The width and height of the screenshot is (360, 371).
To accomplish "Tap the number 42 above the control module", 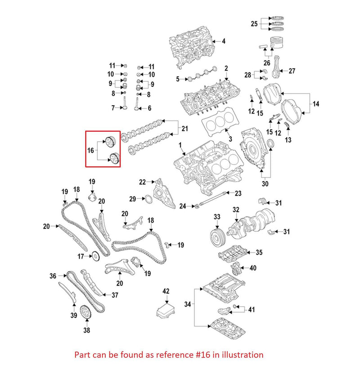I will click(x=166, y=291).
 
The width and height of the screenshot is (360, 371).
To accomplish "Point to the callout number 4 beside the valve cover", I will click(x=224, y=41).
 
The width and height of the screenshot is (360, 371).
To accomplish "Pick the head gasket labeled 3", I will click(x=218, y=121).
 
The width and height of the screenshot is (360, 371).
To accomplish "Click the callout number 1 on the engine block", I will click(x=180, y=145).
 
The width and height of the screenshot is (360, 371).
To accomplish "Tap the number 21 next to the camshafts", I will click(x=184, y=130).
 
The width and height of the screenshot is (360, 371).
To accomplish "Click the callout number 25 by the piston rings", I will click(x=254, y=24).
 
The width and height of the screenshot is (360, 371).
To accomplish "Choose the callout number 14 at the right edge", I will click(x=316, y=104).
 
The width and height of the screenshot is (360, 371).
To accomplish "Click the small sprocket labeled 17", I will click(x=94, y=257).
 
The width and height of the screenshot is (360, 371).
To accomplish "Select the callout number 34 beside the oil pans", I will click(x=188, y=304).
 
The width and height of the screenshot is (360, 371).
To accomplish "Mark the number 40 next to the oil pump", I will click(x=253, y=268).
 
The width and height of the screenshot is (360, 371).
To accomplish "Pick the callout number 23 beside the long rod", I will click(x=238, y=193).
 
